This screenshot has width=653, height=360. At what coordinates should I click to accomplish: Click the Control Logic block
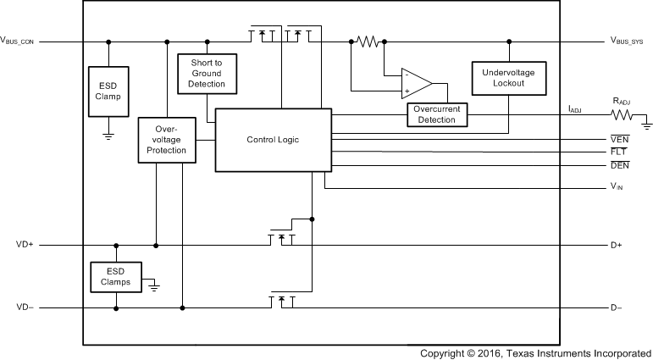pos(273,139)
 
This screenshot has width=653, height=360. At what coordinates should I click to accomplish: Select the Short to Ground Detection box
pos(208,74)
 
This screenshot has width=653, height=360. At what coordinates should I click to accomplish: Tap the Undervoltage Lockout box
pos(508,79)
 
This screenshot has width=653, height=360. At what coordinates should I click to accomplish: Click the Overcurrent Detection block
pos(437,114)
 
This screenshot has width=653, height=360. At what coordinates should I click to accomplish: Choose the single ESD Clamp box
pos(108,91)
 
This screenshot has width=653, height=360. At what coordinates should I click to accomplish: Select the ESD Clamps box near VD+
pos(116,276)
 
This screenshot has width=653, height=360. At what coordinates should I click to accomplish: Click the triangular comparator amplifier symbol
pos(416,84)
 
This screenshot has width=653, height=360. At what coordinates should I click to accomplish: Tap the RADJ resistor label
pos(622,102)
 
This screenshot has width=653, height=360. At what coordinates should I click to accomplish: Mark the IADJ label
pos(574,108)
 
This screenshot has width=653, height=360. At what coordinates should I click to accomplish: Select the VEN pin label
pos(619,139)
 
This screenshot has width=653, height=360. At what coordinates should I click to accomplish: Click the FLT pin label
pos(618,152)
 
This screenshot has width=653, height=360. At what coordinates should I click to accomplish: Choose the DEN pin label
pos(619,164)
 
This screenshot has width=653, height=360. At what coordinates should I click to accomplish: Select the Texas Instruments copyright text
pos(536,352)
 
